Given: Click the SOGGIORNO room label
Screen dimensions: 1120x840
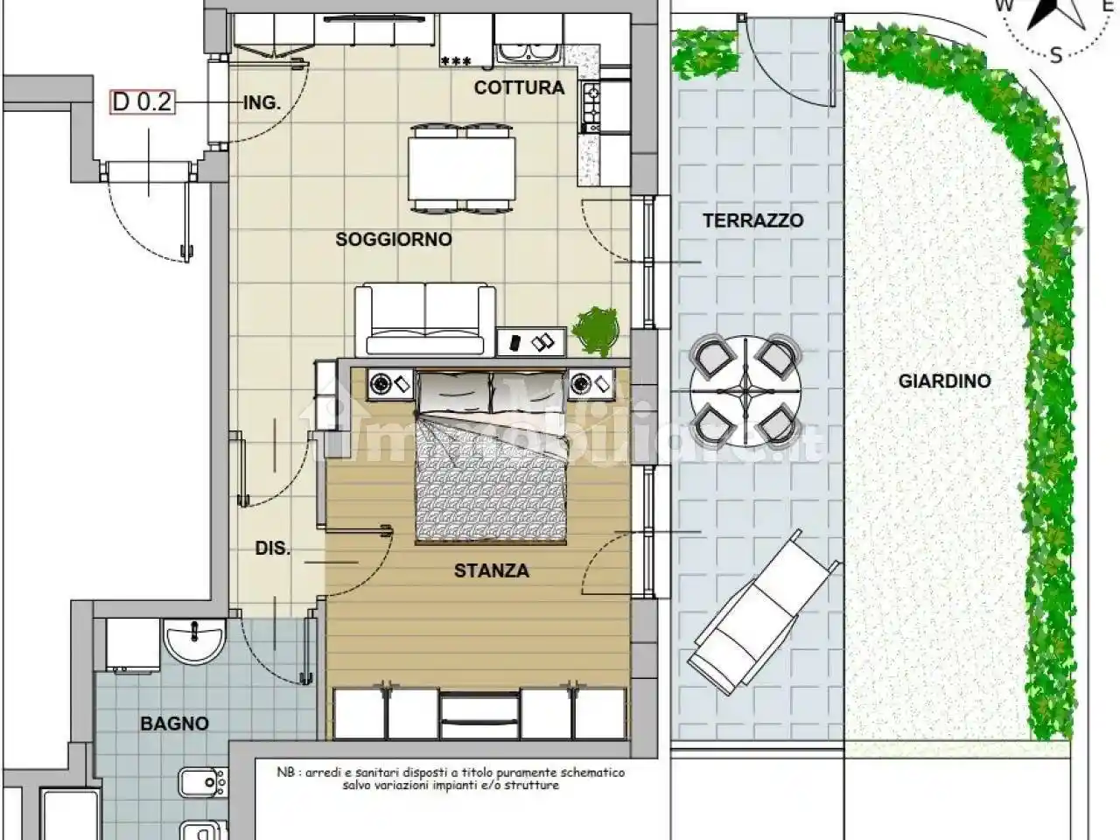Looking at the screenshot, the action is [x=394, y=239].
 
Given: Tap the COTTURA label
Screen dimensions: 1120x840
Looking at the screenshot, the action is [x=519, y=87].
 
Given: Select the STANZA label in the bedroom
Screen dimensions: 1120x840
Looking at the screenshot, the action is [x=492, y=570].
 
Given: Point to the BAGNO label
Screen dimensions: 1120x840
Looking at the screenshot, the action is [x=174, y=724].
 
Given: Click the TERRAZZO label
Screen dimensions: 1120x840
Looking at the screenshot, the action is [x=753, y=220].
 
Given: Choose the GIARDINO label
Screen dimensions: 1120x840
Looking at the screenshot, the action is [x=944, y=381].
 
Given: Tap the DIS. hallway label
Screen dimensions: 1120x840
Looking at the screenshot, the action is [x=272, y=549].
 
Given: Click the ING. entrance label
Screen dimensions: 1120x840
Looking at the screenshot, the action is [x=262, y=103].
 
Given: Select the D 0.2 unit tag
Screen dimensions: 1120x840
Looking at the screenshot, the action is [x=143, y=102].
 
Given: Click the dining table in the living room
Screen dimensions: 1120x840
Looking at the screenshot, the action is [x=461, y=168].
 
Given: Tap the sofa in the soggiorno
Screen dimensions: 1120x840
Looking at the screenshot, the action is [x=425, y=320].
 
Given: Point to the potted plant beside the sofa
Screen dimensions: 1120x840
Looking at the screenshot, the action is [x=595, y=331].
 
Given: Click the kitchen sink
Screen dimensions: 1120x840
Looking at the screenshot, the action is [x=528, y=54].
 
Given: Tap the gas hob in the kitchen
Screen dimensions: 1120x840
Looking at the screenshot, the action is [x=591, y=107].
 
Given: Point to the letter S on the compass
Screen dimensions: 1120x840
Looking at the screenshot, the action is [x=1055, y=54].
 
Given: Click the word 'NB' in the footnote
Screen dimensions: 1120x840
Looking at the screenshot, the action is [x=284, y=772].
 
